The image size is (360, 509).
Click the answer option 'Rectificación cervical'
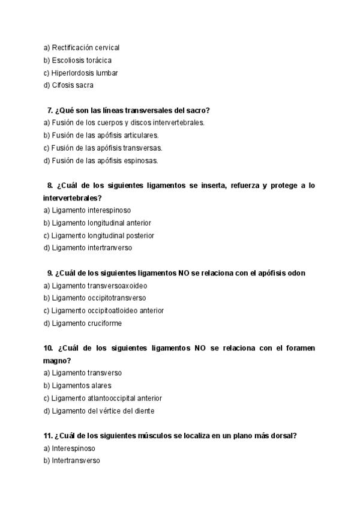(x=86, y=47)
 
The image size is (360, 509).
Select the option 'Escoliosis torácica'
(x=82, y=60)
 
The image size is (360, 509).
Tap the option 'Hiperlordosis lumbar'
(x=85, y=73)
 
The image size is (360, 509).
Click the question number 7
(x=49, y=110)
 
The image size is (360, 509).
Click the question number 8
(x=50, y=185)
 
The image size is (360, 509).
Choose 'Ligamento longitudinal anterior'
(x=97, y=223)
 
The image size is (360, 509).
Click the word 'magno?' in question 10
(x=57, y=360)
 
